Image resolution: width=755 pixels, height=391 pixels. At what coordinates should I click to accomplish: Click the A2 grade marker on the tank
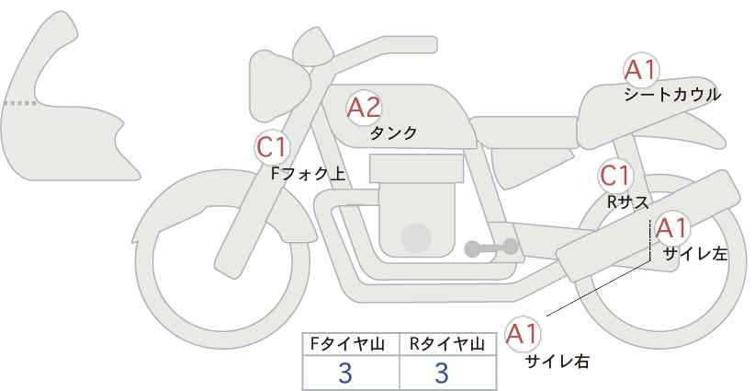364,108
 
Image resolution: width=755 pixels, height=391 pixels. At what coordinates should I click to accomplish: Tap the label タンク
393,132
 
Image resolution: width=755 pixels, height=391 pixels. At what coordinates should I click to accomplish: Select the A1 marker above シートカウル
641,70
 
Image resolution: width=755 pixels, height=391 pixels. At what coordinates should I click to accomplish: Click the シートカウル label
672,95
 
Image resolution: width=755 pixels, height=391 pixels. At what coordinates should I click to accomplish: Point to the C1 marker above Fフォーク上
272,147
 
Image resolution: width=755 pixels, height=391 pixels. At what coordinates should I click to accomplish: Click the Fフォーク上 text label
309,174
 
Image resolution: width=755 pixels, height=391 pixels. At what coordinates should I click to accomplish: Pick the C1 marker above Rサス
615,176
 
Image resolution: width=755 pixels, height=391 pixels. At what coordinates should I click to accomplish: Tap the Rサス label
627,202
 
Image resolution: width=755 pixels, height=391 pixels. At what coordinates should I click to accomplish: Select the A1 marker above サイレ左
671,228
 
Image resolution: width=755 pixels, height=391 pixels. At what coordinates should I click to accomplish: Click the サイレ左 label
694,254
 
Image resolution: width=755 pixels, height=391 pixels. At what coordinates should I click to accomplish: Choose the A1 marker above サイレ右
523,334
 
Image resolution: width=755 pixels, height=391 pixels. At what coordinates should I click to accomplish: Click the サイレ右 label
558,362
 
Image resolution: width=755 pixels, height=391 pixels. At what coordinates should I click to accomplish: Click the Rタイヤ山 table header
447,344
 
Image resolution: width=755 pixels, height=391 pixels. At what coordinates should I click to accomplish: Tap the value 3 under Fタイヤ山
345,373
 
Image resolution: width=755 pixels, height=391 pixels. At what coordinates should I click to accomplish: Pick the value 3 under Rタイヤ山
442,373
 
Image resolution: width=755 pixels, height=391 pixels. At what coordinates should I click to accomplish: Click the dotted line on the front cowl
20,103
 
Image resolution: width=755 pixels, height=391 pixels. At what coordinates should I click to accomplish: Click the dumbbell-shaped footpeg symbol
491,247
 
